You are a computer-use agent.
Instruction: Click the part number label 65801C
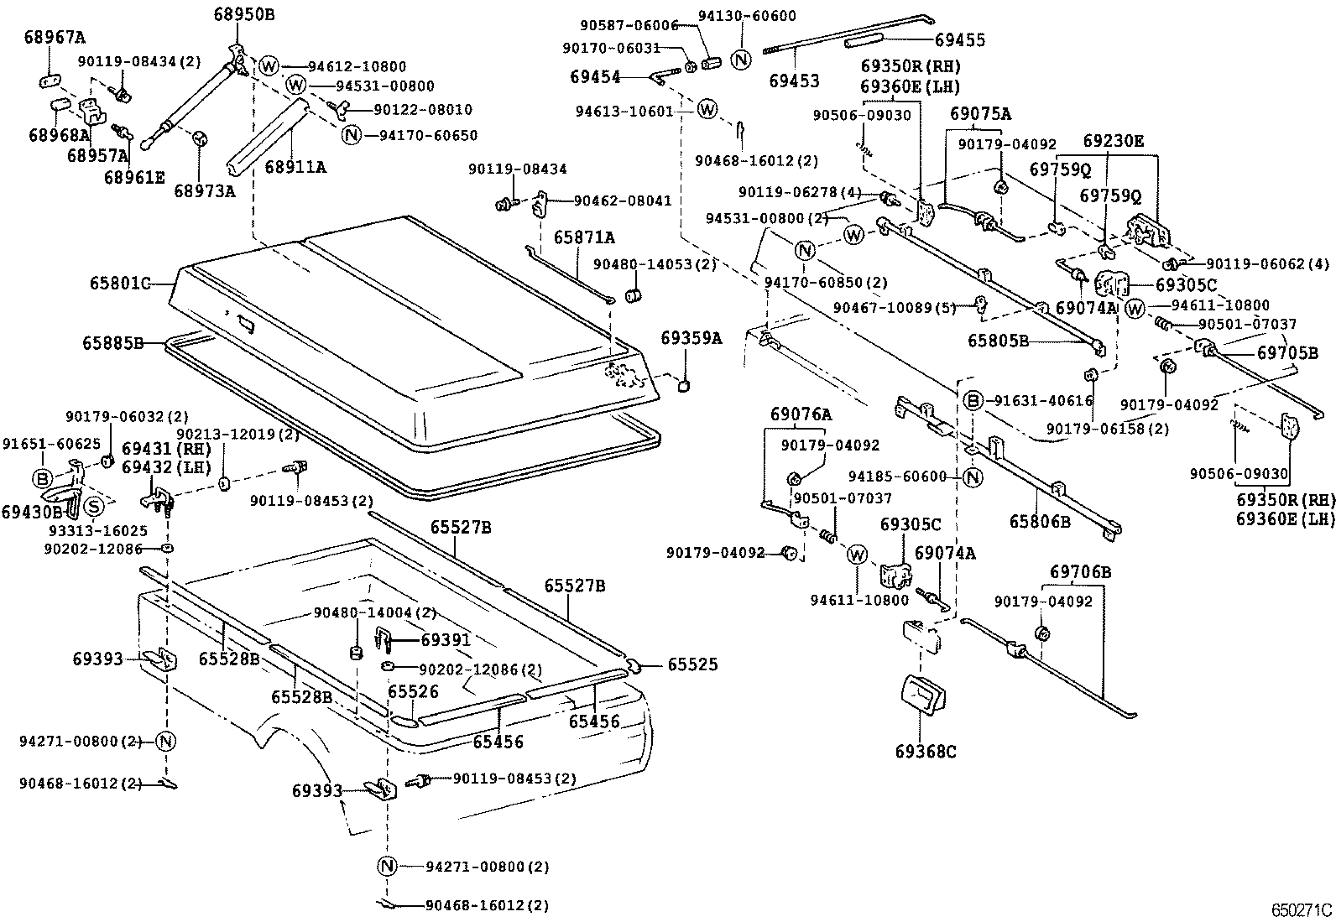(x=119, y=284)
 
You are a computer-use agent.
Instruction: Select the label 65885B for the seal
(x=112, y=343)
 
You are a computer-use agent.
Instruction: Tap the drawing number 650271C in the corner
(x=1300, y=909)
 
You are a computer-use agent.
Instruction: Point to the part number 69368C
(x=925, y=751)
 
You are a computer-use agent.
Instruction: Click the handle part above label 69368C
(x=921, y=695)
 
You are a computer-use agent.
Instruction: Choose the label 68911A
(x=295, y=168)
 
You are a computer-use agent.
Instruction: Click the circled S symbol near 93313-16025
(x=95, y=506)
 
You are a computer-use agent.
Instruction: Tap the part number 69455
(x=960, y=39)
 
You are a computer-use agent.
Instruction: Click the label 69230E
(x=1113, y=142)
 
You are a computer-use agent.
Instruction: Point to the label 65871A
(x=583, y=237)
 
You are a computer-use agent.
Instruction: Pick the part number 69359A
(x=691, y=337)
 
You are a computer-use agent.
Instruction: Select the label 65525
(x=693, y=664)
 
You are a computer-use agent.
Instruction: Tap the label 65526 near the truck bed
(x=413, y=691)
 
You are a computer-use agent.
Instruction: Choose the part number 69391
(x=446, y=640)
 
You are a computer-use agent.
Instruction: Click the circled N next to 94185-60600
(x=972, y=477)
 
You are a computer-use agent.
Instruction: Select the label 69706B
(x=1080, y=572)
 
